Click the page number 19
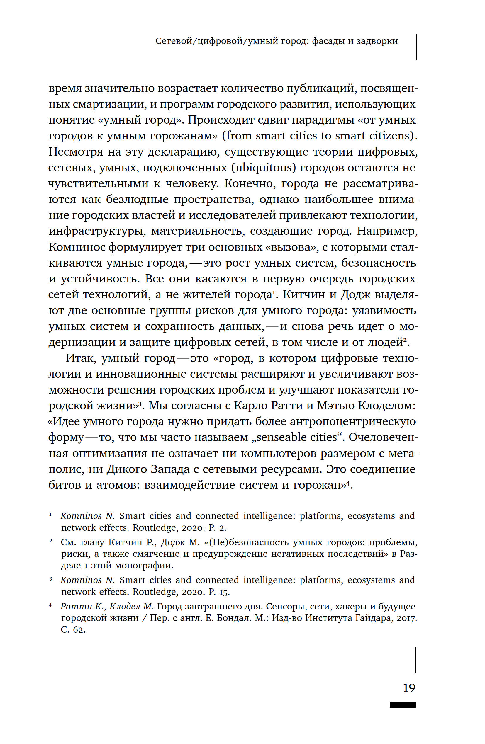click(409, 688)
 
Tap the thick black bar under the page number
click(402, 705)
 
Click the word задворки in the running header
click(377, 41)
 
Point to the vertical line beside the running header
click(416, 47)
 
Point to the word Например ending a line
click(387, 231)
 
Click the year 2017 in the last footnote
click(406, 618)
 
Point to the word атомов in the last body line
click(117, 485)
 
